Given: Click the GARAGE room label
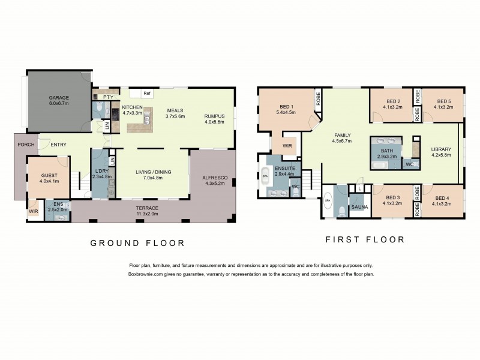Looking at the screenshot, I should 59,97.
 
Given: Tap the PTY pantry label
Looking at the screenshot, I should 108,97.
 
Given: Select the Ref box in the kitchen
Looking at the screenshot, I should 146,94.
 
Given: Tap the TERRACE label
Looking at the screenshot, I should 147,208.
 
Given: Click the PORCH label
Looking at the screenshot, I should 26,145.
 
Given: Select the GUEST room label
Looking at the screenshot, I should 49,175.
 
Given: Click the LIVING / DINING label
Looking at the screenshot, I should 154,172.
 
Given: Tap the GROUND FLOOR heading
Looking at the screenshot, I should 137,243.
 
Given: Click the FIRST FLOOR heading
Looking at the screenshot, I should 365,239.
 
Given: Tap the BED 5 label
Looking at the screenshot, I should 444,101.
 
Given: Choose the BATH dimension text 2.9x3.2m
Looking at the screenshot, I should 387,157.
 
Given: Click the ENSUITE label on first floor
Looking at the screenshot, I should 285,168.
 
